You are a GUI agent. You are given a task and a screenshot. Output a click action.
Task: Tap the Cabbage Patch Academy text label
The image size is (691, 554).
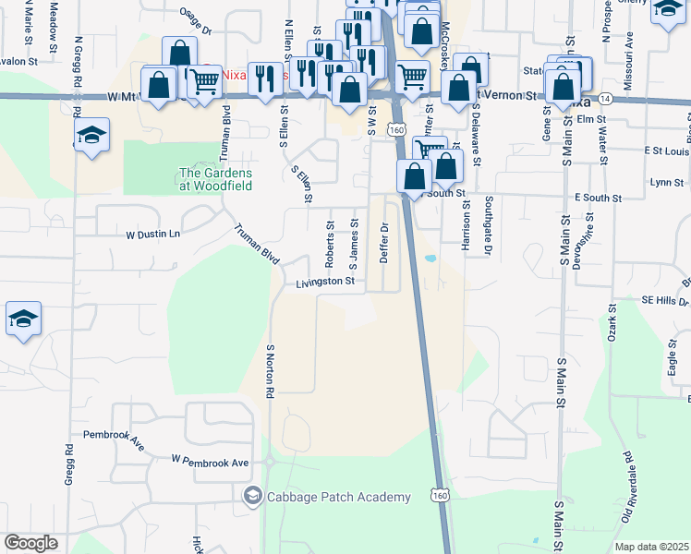338,497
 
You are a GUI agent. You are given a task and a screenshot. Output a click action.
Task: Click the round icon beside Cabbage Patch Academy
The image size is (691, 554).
251,497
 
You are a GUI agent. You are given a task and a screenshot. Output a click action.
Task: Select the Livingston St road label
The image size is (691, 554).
325,281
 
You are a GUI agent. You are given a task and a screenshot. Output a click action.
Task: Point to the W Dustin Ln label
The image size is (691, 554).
152,235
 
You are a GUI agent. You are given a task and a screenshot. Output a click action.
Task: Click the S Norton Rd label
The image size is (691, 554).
271,371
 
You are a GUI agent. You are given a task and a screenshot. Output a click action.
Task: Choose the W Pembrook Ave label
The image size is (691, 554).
211,461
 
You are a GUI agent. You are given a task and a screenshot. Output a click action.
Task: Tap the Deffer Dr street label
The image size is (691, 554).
384,242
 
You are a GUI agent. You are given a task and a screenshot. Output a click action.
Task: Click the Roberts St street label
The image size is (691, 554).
330,239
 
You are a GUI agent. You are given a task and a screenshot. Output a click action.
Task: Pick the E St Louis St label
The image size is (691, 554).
667,150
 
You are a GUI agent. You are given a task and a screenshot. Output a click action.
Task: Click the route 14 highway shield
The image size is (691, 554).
605,98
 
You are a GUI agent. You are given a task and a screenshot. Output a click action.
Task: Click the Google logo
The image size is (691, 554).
30,542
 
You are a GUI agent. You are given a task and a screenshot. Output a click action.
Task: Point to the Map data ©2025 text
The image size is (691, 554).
651,547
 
